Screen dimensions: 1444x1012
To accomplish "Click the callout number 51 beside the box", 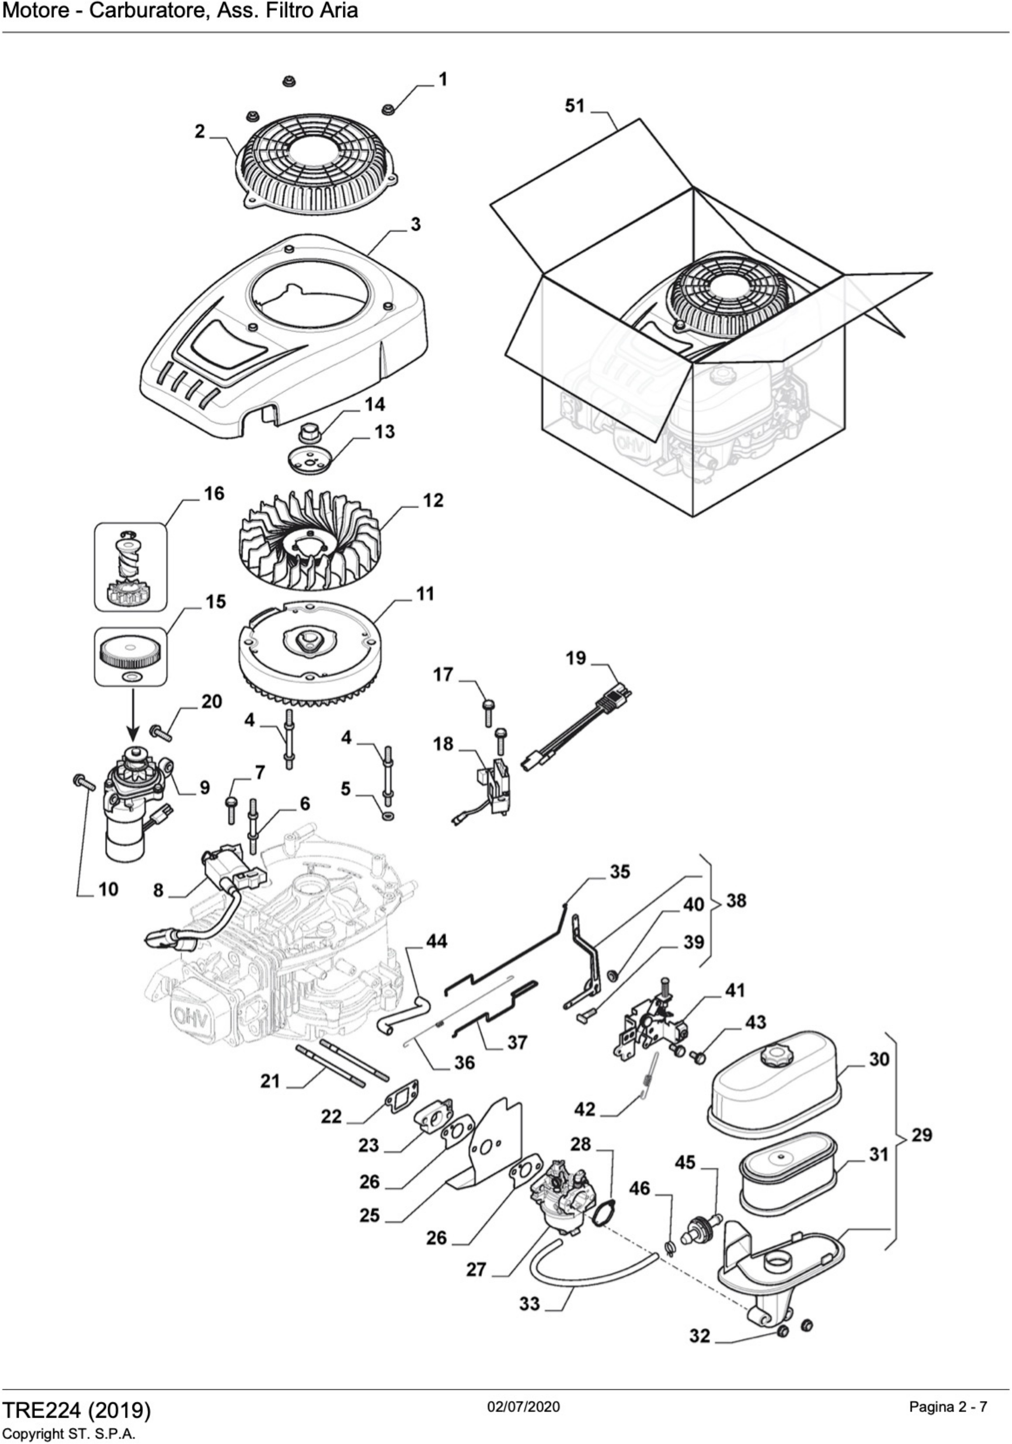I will click(574, 106).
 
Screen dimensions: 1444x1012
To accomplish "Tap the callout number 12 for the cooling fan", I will click(433, 501).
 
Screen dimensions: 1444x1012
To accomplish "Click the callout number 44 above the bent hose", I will click(436, 942).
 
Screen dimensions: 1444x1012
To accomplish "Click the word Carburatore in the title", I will click(149, 11).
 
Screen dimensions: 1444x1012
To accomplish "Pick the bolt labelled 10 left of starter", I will click(84, 782).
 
